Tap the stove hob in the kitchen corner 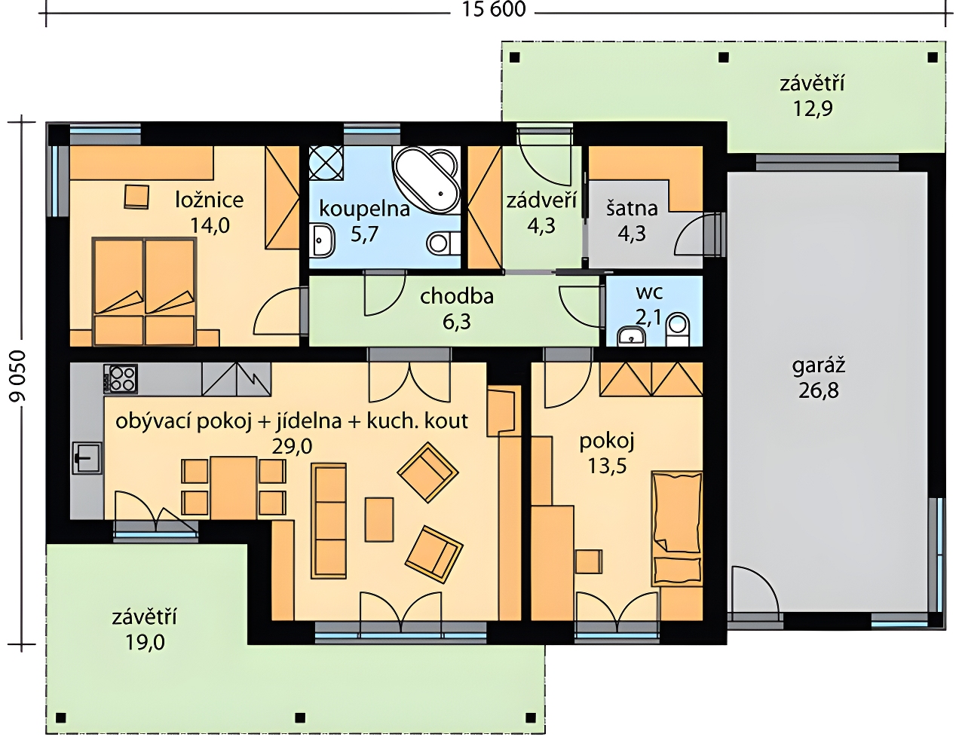pyautogui.click(x=121, y=378)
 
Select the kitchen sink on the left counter pyautogui.click(x=87, y=458)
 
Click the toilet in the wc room pyautogui.click(x=678, y=329)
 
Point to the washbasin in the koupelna pyautogui.click(x=323, y=240)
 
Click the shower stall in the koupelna pyautogui.click(x=326, y=163)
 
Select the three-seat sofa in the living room pyautogui.click(x=329, y=521)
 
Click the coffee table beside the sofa pyautogui.click(x=379, y=519)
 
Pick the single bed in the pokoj pyautogui.click(x=677, y=529)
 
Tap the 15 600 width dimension pyautogui.click(x=494, y=9)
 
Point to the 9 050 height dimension pyautogui.click(x=18, y=377)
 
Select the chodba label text pyautogui.click(x=457, y=296)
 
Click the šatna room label pyautogui.click(x=632, y=209)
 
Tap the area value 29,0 pyautogui.click(x=293, y=447)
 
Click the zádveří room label pyautogui.click(x=541, y=200)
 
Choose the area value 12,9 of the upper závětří pyautogui.click(x=813, y=109)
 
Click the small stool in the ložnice pyautogui.click(x=136, y=197)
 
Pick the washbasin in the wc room pyautogui.click(x=632, y=337)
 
